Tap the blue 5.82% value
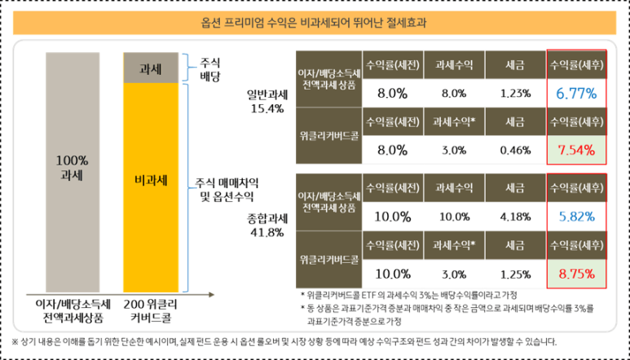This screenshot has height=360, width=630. pos(577,216)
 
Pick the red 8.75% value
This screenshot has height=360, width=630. pos(577,273)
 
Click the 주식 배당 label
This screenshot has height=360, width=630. pos(210,68)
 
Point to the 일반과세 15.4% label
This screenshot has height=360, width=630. pos(266,100)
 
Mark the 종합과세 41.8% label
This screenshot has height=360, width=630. pos(266,226)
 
